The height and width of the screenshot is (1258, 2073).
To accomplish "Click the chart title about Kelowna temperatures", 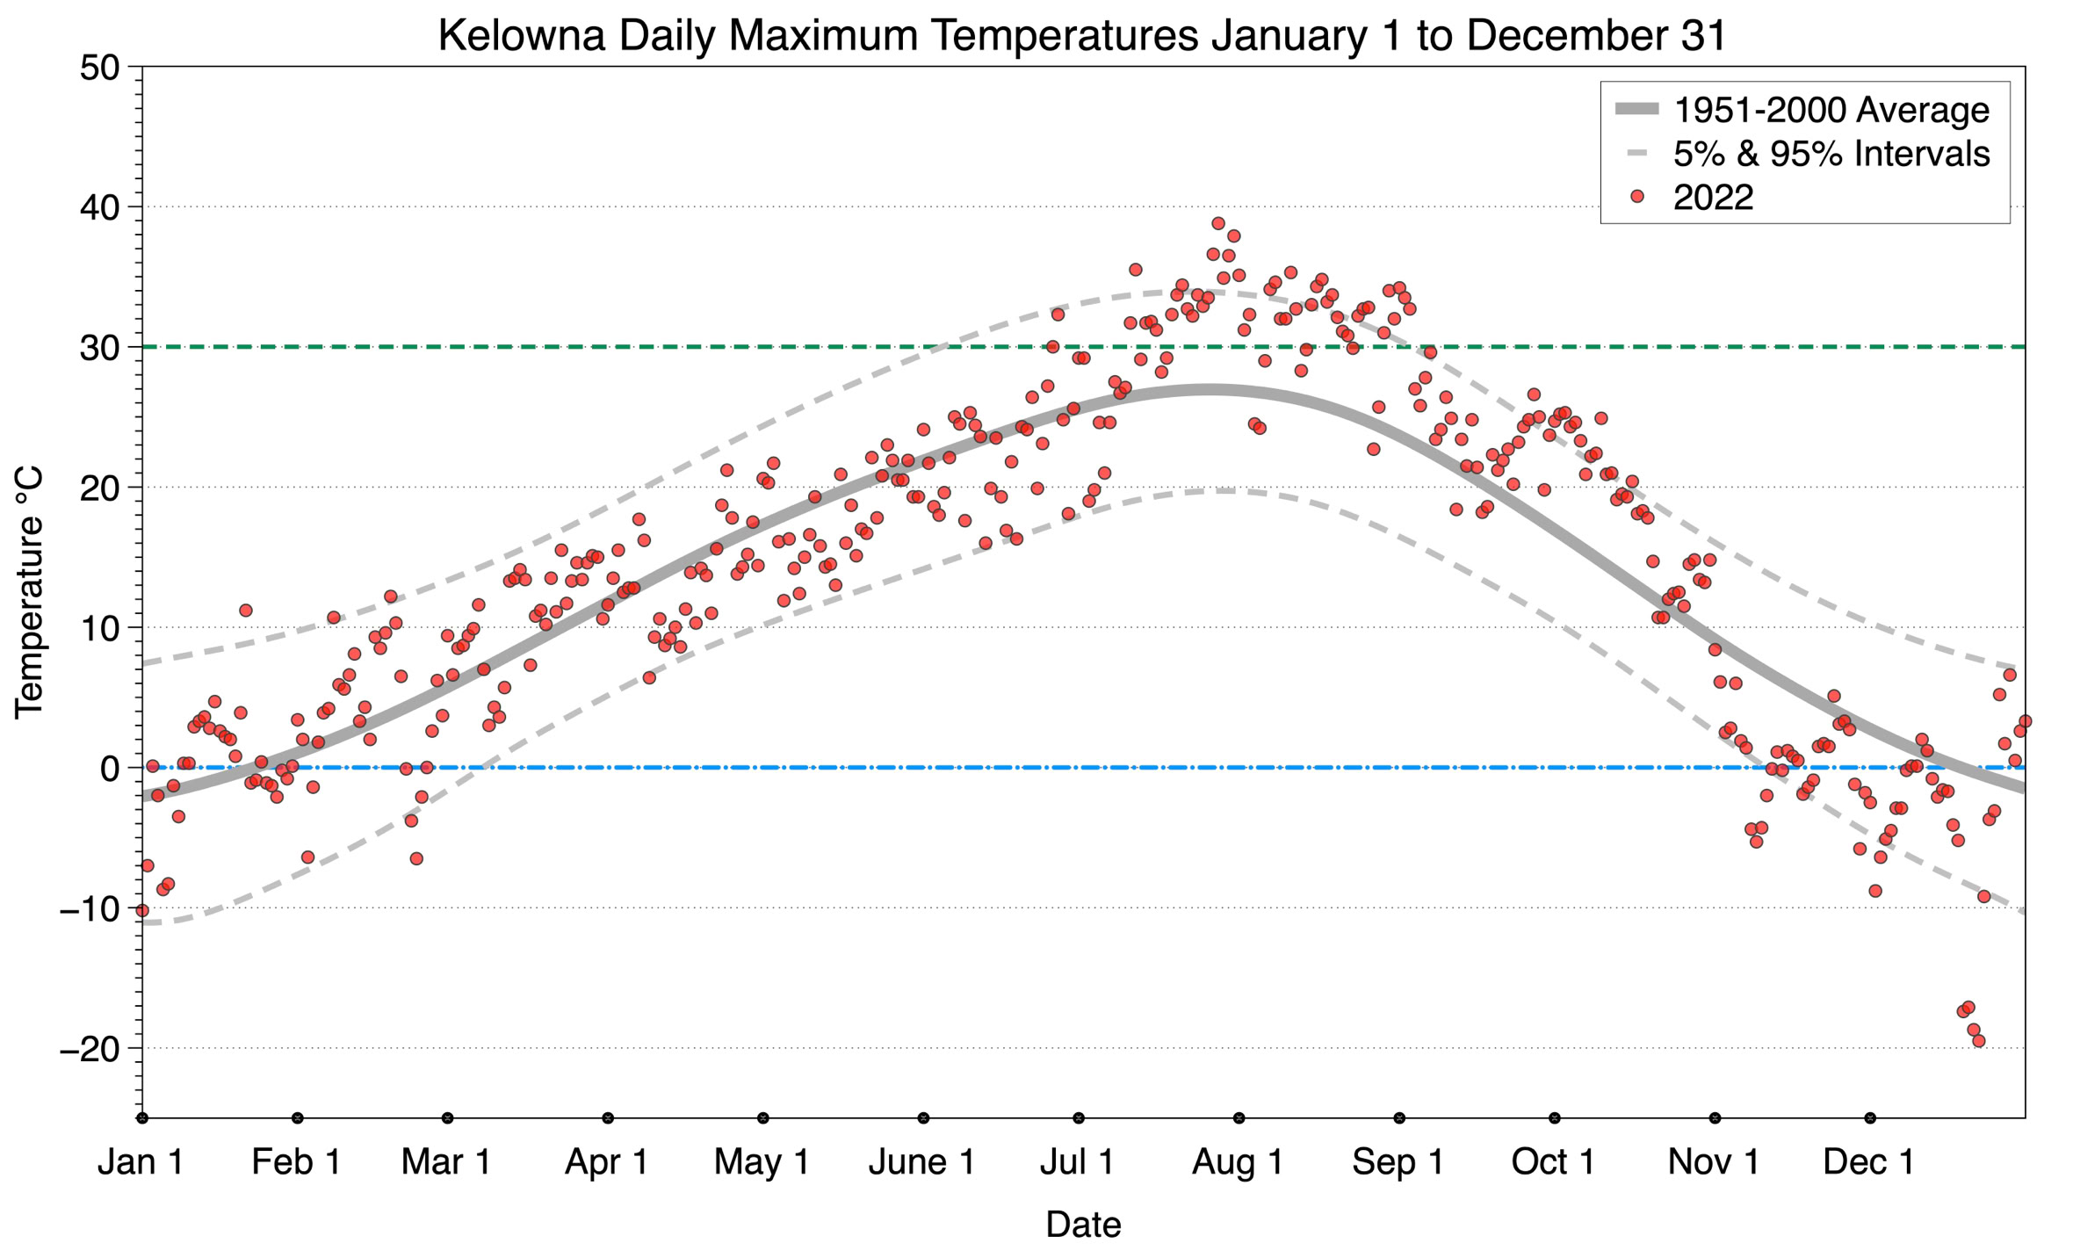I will tap(1082, 36).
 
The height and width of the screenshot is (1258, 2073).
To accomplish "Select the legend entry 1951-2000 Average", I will tap(1831, 110).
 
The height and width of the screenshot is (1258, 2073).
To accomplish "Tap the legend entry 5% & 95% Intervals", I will tap(1831, 154).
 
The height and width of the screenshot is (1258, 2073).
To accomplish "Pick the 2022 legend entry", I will tap(1713, 198).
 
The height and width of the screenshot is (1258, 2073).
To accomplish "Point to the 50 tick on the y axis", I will tap(99, 68).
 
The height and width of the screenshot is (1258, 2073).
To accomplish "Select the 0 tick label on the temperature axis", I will tap(110, 769).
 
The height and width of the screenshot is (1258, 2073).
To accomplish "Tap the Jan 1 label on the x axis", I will tap(141, 1162).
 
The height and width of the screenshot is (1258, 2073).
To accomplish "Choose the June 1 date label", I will tap(921, 1162).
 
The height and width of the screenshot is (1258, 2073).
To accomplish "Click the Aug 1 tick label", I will tap(1237, 1162).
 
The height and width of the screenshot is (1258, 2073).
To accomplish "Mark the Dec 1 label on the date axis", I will tap(1868, 1162).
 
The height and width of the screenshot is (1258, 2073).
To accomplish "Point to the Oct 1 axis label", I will tap(1553, 1162).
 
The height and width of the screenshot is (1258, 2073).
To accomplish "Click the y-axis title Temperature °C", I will tap(29, 592).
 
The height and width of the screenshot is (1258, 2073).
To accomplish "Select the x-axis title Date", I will tap(1082, 1225).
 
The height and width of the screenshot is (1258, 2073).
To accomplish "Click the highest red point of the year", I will tap(1217, 223).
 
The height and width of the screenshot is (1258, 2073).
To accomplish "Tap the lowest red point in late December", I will tap(1978, 1041).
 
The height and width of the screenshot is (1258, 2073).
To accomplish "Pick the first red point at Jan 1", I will tap(142, 910).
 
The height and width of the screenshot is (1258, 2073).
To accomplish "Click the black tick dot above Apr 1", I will tap(608, 1118).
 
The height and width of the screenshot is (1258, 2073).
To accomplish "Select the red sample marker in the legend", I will tap(1636, 198).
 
